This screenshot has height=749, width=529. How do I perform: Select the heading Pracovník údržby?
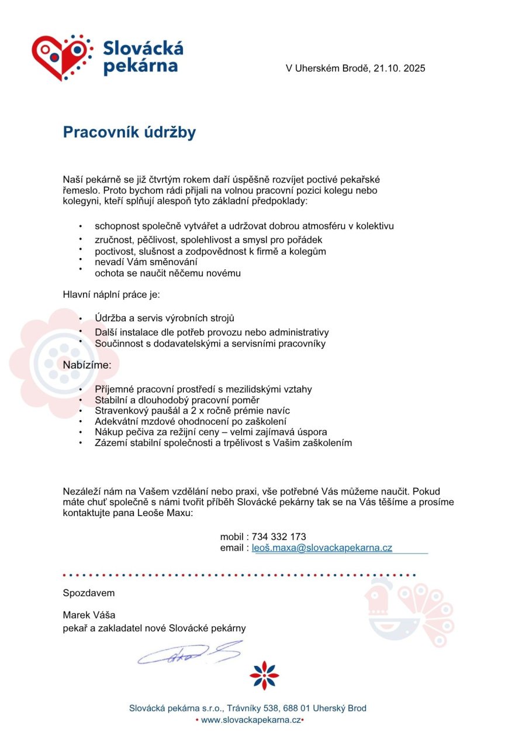tap(129, 133)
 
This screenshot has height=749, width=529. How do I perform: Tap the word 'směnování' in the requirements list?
tap(172, 262)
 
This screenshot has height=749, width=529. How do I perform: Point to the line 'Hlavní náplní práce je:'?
tap(111, 294)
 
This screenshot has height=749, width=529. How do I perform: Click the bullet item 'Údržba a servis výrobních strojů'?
tap(164, 318)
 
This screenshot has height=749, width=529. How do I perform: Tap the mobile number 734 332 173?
tap(279, 537)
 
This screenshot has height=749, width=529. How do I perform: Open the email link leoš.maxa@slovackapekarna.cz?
tap(321, 548)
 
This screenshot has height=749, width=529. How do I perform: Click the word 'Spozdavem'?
tap(89, 593)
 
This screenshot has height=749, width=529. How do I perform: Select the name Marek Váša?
tap(89, 615)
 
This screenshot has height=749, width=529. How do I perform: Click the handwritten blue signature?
tap(190, 653)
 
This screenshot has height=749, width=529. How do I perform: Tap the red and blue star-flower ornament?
tap(264, 675)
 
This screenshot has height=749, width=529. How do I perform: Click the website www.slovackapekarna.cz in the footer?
tap(251, 720)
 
